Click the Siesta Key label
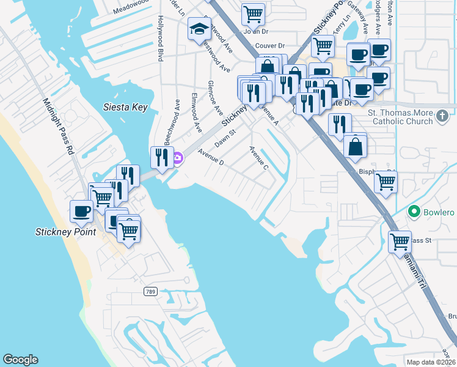coord(125,107)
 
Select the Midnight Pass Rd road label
coord(58,126)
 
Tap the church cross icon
coord(444,115)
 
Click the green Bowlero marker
coord(414,212)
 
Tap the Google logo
coord(20,360)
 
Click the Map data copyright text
coord(431,362)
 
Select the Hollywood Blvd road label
coord(161,39)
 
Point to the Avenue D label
coord(211,158)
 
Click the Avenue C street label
coord(258,157)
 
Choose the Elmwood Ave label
coord(196,113)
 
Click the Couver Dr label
coord(270,45)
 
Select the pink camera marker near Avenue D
coord(177,159)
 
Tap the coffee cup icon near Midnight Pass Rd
coord(81,212)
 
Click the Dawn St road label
coord(224,136)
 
